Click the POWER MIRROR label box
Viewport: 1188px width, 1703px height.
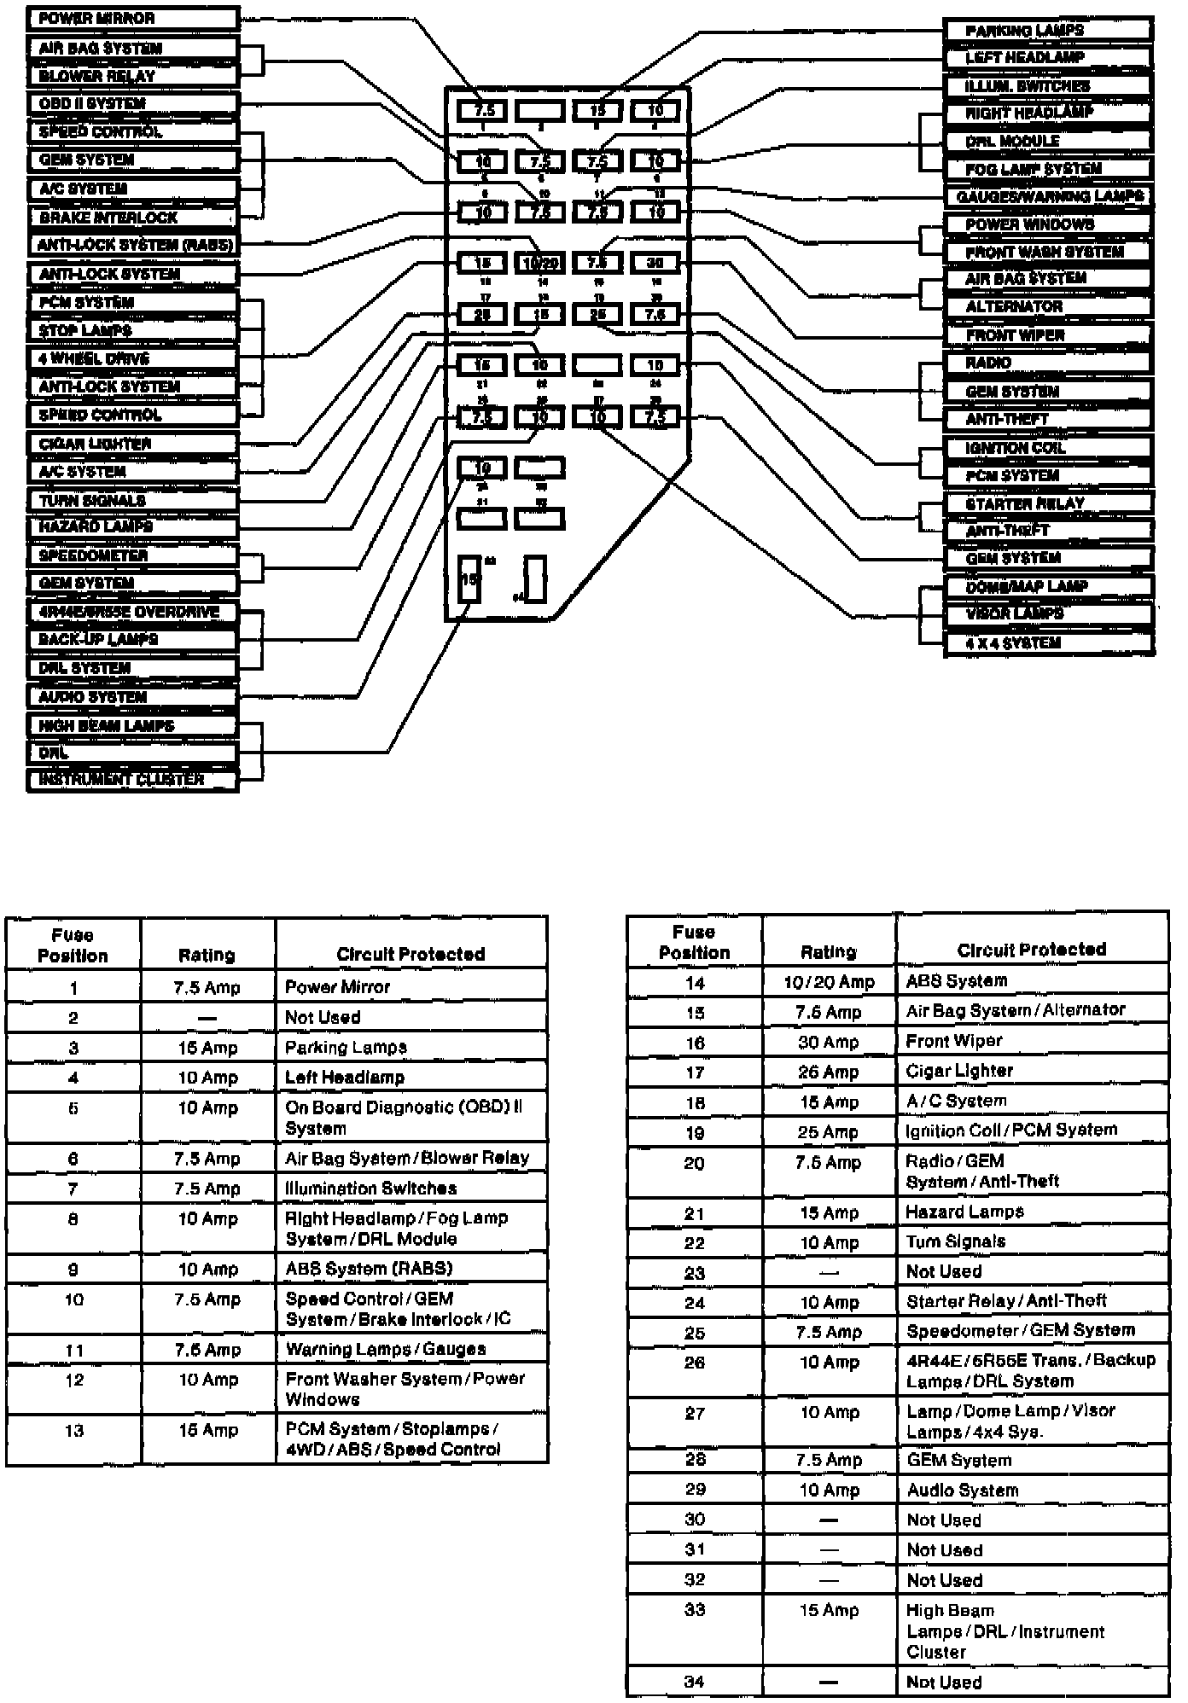[132, 19]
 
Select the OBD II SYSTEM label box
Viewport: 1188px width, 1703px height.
[132, 104]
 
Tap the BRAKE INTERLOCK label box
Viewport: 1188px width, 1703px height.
[132, 218]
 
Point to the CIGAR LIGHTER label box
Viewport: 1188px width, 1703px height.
[132, 444]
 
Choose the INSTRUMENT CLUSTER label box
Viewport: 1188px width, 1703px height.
[132, 780]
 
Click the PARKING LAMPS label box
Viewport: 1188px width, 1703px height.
[1048, 31]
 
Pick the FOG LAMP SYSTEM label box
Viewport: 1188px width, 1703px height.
[1048, 169]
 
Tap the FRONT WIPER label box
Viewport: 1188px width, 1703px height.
[1048, 335]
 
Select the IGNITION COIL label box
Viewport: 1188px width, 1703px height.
[1048, 448]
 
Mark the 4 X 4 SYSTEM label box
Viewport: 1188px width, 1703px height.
[1048, 643]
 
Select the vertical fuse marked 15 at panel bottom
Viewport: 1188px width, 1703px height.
[469, 579]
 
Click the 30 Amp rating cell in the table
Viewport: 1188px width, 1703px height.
[829, 1043]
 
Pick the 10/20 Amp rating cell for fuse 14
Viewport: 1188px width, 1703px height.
[829, 983]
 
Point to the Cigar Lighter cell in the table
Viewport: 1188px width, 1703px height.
[1032, 1072]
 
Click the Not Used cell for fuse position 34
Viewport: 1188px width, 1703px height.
[1032, 1683]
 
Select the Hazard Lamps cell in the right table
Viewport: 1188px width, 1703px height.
[1032, 1212]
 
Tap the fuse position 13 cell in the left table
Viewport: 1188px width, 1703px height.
[73, 1431]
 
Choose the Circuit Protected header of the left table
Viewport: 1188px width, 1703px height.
[411, 954]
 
